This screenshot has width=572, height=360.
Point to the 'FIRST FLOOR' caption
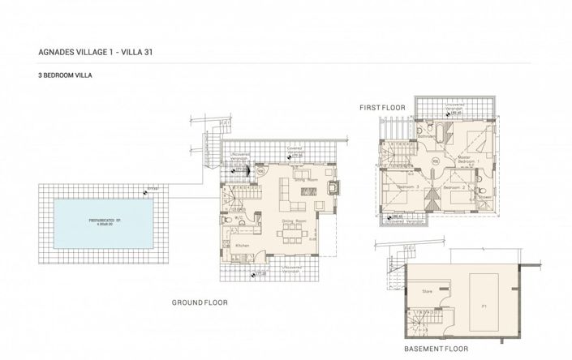tap(382, 106)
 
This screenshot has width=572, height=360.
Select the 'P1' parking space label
tap(484, 306)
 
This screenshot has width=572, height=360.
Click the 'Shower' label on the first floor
tap(484, 196)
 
